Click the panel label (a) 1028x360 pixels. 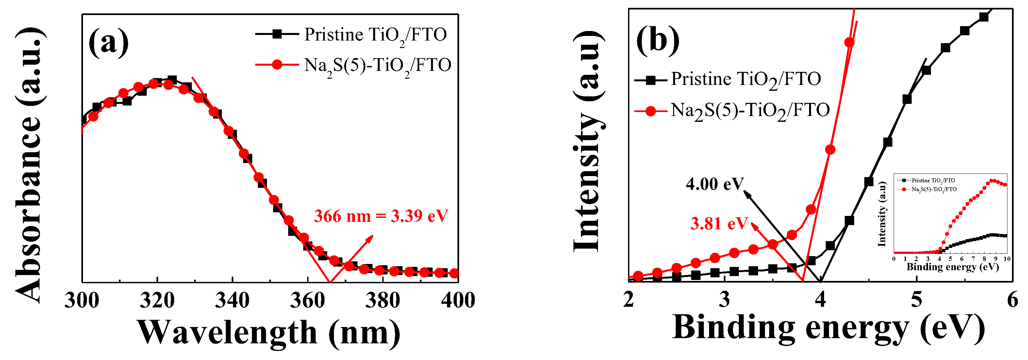pyautogui.click(x=108, y=43)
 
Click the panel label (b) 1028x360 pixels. pyautogui.click(x=657, y=41)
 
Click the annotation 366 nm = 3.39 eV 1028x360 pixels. pyautogui.click(x=381, y=216)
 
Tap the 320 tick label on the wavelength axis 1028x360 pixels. pyautogui.click(x=157, y=300)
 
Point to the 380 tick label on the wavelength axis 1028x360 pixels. pyautogui.click(x=382, y=300)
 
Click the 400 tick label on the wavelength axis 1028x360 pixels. pyautogui.click(x=458, y=300)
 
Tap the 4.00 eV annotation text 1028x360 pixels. pyautogui.click(x=715, y=184)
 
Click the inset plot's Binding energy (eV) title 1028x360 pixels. pyautogui.click(x=952, y=267)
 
